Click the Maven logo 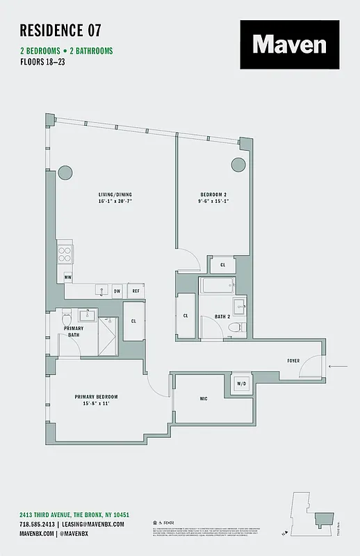click(290, 44)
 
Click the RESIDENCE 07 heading click(60, 30)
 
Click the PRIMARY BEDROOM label click(97, 397)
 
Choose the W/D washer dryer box click(241, 383)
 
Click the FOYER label click(294, 361)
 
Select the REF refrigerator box click(136, 292)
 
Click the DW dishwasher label click(117, 292)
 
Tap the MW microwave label click(68, 278)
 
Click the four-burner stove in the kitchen click(65, 253)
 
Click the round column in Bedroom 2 click(238, 165)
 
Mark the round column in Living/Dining click(65, 172)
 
